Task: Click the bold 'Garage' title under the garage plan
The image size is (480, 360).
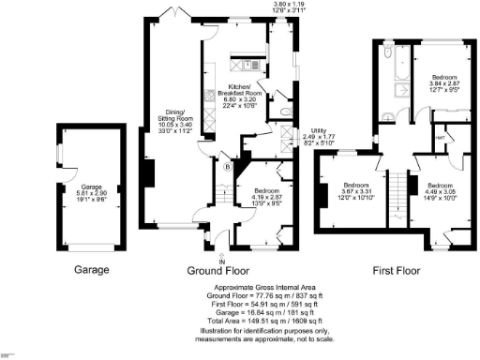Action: click(92, 269)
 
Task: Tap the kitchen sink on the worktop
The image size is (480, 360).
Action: click(251, 65)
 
